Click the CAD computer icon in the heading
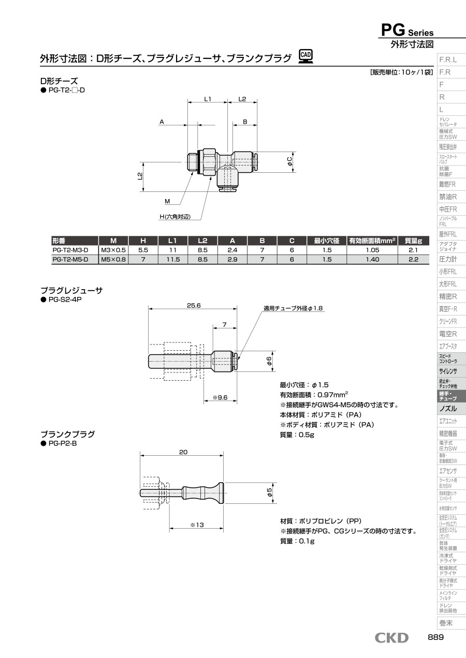(x=306, y=57)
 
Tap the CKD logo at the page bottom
(x=391, y=638)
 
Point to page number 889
(x=436, y=637)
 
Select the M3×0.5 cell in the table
(x=113, y=250)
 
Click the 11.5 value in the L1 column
(x=173, y=259)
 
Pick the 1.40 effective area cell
(x=372, y=259)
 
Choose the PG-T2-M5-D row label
(x=70, y=259)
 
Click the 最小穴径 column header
(x=327, y=241)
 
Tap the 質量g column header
(x=413, y=241)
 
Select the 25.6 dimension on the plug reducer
(x=194, y=306)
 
